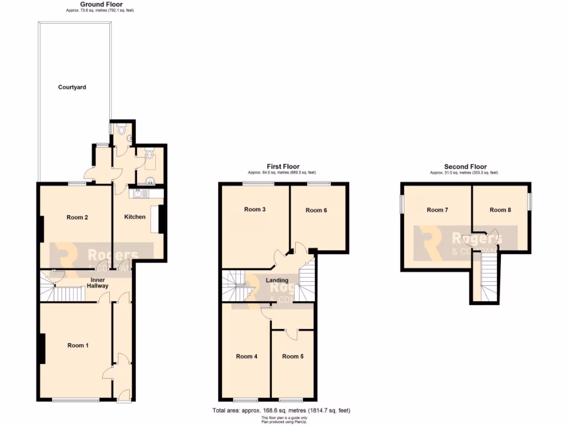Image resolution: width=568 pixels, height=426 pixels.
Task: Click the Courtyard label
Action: (x=72, y=87)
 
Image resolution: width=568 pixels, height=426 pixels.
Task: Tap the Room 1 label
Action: (x=78, y=346)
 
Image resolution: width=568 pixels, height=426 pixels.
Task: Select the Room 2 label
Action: (x=77, y=217)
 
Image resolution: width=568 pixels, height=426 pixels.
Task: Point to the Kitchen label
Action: (x=135, y=217)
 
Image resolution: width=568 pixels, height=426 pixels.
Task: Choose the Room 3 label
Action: (x=255, y=209)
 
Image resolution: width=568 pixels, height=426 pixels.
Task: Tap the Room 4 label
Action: (x=246, y=357)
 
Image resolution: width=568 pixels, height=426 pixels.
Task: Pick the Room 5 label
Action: (x=292, y=357)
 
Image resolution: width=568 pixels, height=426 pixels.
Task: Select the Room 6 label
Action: (x=316, y=210)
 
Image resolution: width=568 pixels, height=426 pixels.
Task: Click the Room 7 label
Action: (x=437, y=210)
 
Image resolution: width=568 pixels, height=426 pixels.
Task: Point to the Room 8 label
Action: (x=500, y=210)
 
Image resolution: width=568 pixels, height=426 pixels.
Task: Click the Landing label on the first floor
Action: (x=277, y=280)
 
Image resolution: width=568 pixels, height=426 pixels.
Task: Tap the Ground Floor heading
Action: (x=98, y=4)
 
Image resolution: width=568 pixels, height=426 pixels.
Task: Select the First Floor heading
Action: (x=283, y=166)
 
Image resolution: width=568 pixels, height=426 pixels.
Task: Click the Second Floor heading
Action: (x=465, y=166)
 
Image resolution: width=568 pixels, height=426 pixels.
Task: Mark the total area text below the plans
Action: (x=281, y=410)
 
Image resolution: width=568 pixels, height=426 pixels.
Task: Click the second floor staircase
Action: (x=486, y=280)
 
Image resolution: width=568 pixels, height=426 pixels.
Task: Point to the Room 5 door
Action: (x=290, y=334)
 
